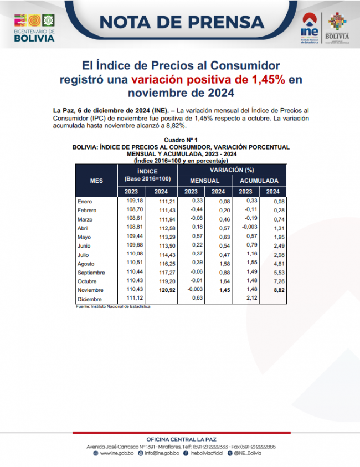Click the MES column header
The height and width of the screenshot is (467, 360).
click(x=96, y=181)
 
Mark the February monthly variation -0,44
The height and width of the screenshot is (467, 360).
click(x=197, y=209)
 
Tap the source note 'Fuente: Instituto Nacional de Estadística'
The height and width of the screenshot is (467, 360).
click(x=113, y=306)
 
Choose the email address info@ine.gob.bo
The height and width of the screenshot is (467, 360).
click(x=161, y=453)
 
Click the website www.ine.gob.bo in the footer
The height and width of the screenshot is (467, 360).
click(x=116, y=453)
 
